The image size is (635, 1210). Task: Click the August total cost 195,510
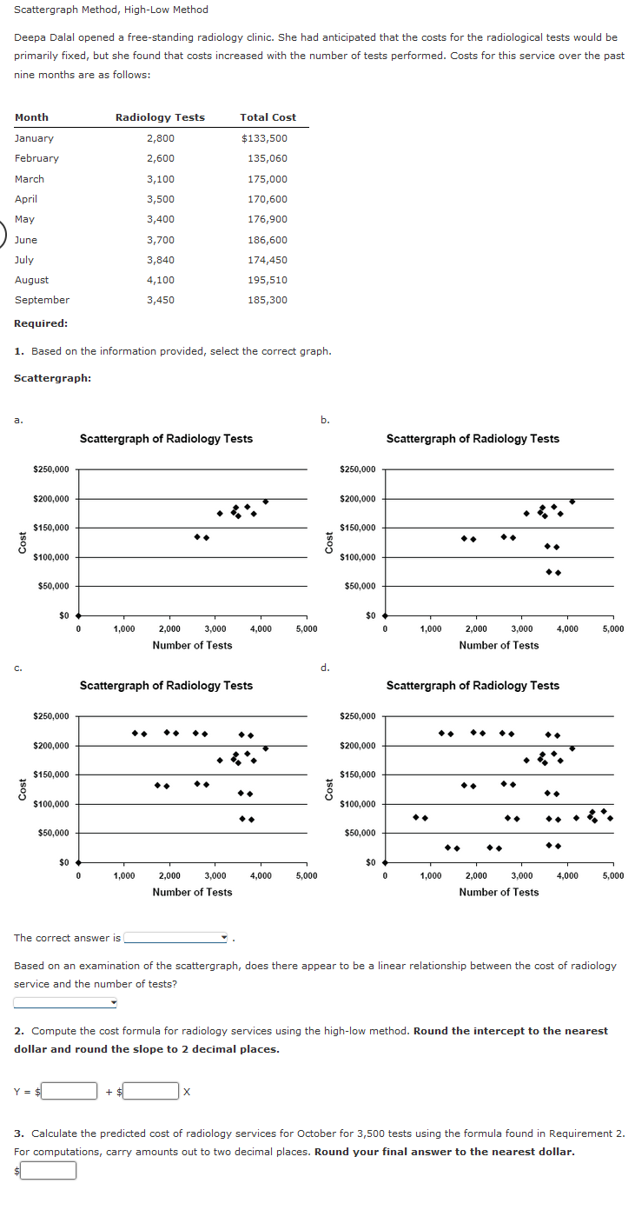point(268,280)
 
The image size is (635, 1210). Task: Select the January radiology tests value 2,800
point(161,138)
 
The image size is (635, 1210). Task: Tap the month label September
point(42,300)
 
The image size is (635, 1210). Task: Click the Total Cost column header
point(268,117)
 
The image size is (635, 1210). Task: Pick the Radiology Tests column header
point(161,117)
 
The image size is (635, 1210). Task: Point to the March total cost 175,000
point(268,179)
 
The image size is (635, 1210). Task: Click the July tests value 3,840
point(161,260)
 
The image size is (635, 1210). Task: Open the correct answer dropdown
point(176,938)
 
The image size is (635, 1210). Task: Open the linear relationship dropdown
point(66,1002)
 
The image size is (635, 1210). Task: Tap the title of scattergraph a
point(166,439)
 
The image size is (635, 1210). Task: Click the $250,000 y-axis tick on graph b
point(357,469)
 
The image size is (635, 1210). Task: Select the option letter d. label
point(325,668)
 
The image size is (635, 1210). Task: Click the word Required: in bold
point(41,323)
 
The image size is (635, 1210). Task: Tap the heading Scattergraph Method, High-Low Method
point(111,10)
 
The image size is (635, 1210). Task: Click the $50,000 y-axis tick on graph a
point(54,587)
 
